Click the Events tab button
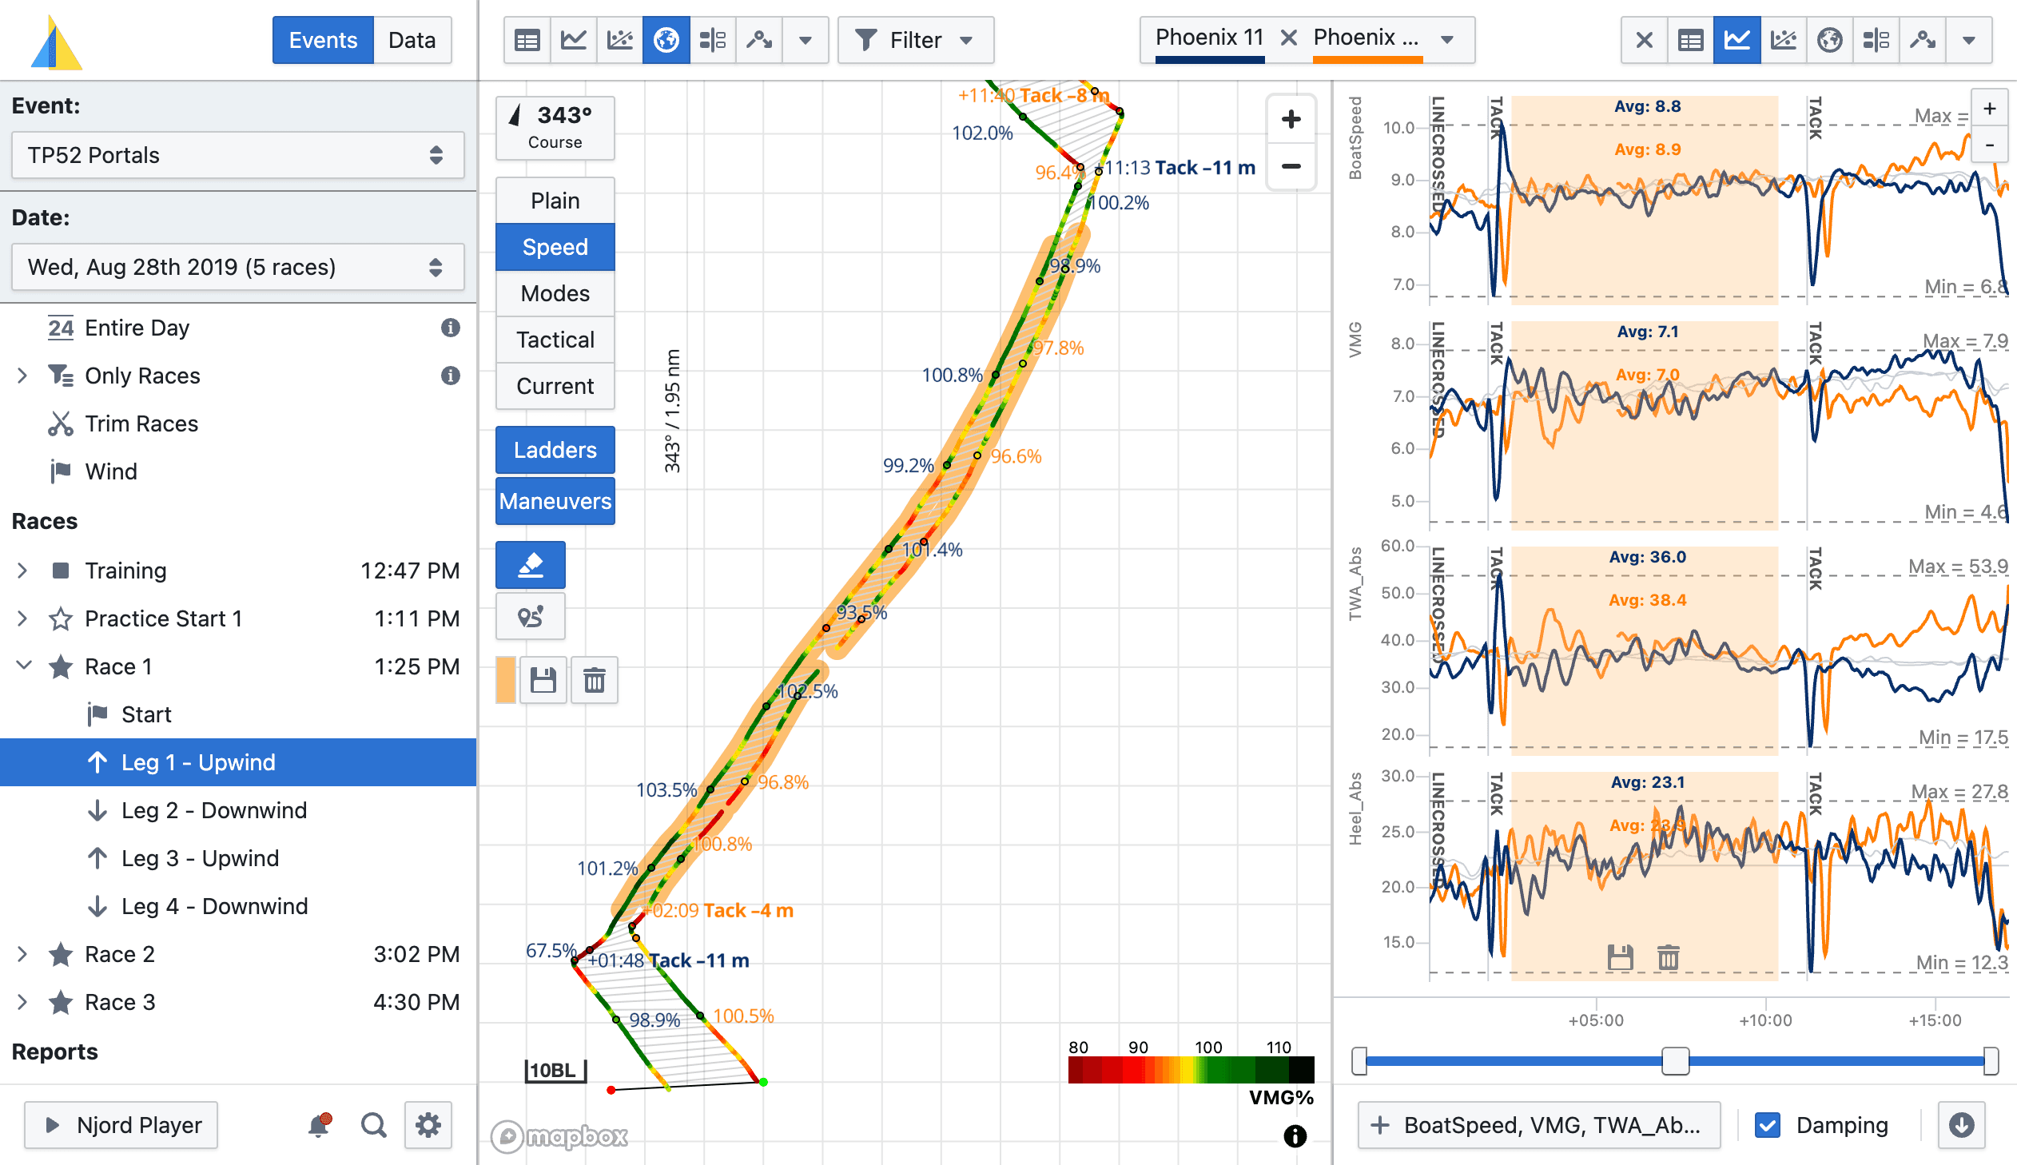pyautogui.click(x=322, y=40)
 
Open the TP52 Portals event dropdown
pyautogui.click(x=237, y=155)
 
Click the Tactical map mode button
pyautogui.click(x=555, y=340)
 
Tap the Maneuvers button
pyautogui.click(x=555, y=501)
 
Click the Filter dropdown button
pyautogui.click(x=914, y=40)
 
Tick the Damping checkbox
pyautogui.click(x=1767, y=1125)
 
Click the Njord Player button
pyautogui.click(x=121, y=1125)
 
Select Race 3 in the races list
pyautogui.click(x=120, y=1002)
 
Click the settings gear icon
pyautogui.click(x=428, y=1125)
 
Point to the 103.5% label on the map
pyautogui.click(x=666, y=789)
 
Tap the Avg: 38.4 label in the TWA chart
pyautogui.click(x=1646, y=600)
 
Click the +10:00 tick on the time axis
pyautogui.click(x=1765, y=1020)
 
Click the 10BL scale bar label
pyautogui.click(x=554, y=1070)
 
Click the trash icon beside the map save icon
pyautogui.click(x=594, y=681)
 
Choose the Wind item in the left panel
pyautogui.click(x=111, y=471)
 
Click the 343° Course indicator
pyautogui.click(x=555, y=127)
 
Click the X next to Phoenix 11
pyautogui.click(x=1288, y=38)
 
